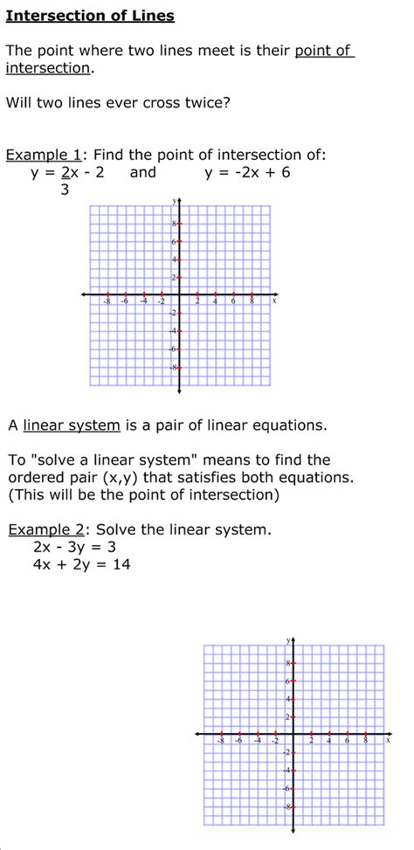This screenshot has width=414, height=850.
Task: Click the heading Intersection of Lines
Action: coord(90,16)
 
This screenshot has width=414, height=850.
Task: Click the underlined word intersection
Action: coord(48,68)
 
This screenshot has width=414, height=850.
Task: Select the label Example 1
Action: coord(44,155)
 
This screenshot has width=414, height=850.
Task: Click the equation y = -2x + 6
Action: coord(247,172)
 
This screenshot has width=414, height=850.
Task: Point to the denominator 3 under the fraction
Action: coord(65,189)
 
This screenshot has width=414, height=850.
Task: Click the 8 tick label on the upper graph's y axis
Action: coord(173,223)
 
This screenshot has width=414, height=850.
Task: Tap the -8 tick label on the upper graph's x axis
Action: coord(107,301)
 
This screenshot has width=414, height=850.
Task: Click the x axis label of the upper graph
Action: coord(274,301)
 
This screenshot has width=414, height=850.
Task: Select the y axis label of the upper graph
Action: coord(174,201)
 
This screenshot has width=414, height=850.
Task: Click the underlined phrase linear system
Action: coord(72,425)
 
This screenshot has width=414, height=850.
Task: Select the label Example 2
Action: coord(48,529)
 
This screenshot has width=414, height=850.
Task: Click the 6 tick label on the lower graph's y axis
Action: coord(287,681)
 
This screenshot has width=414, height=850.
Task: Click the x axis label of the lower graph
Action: coord(388,740)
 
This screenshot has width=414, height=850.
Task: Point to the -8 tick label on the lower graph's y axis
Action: coord(286,806)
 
